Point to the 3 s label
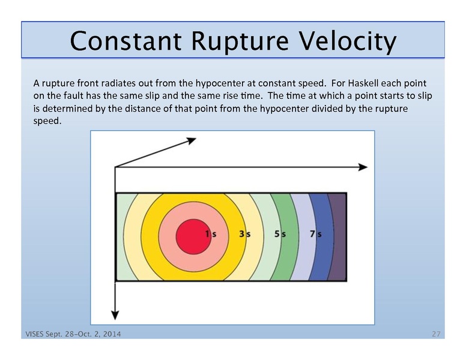click(244, 235)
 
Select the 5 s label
click(279, 235)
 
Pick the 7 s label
click(314, 235)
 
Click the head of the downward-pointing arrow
click(114, 314)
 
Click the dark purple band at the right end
click(338, 236)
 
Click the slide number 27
click(438, 333)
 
